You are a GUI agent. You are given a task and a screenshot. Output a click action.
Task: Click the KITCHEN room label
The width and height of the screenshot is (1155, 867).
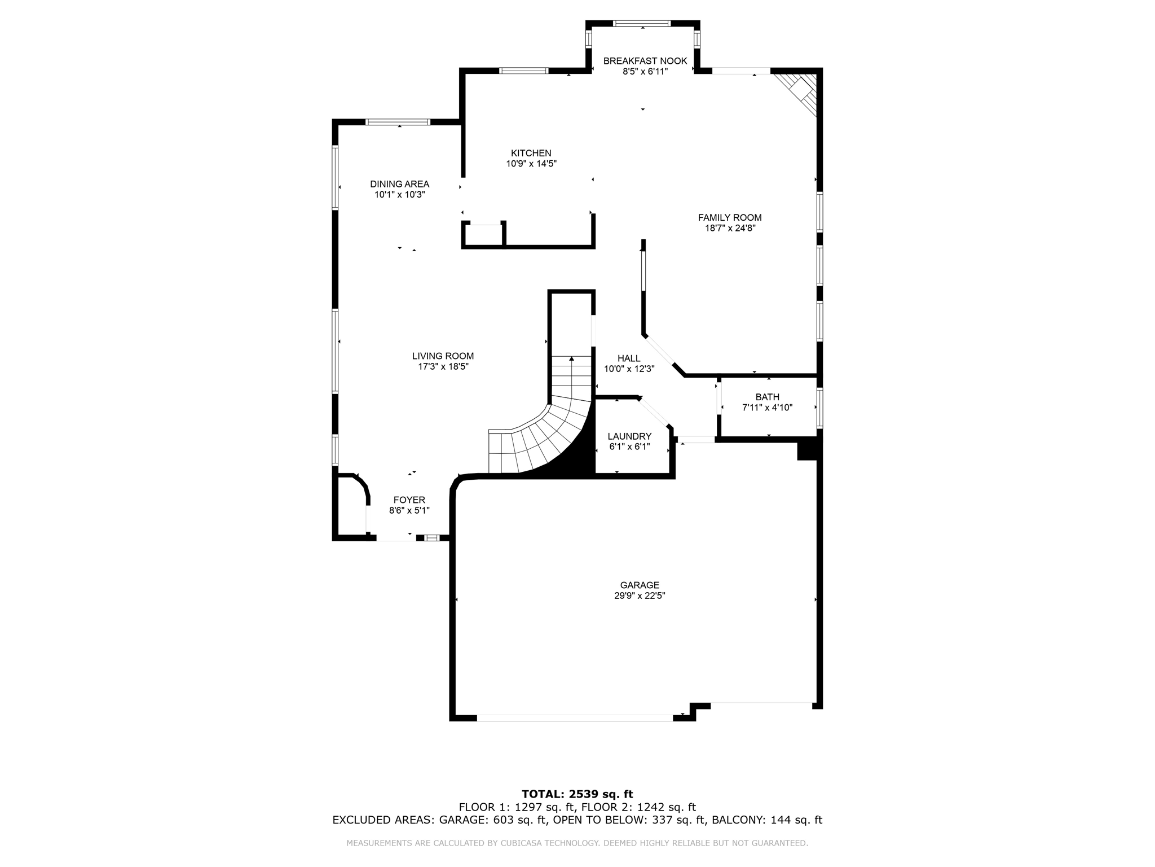pos(531,153)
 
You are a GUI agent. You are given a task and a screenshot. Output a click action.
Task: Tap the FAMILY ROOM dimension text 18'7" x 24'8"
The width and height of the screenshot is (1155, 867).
pos(730,228)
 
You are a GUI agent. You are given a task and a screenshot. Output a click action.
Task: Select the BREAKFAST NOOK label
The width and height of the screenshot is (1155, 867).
pos(645,61)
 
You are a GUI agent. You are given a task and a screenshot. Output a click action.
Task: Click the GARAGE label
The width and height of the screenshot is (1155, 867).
pos(640,585)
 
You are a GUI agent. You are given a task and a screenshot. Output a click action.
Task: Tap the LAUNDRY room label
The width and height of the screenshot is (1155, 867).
pos(629,436)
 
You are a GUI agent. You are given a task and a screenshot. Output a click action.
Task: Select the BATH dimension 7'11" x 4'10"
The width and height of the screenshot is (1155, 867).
pos(767,408)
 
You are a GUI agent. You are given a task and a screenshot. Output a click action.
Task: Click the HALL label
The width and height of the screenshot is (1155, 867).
pos(629,358)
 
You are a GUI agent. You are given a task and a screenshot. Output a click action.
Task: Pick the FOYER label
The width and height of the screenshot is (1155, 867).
pos(409,500)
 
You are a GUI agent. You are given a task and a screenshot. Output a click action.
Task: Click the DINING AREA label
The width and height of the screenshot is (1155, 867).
pos(399,184)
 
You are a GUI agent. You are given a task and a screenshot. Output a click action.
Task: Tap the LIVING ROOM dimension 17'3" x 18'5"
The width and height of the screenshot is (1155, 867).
pos(443,366)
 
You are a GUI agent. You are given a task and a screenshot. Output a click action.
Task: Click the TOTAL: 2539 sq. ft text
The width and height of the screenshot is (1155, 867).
pos(577,794)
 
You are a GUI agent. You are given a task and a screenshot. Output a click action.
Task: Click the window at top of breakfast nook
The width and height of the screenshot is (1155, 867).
pos(642,24)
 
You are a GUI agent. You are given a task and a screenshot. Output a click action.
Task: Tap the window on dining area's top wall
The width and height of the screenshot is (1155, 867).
pos(398,122)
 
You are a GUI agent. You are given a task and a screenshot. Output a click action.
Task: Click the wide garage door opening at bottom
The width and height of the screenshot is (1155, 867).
pos(575,718)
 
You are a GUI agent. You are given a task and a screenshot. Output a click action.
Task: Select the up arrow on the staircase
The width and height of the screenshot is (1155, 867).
pos(572,359)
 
